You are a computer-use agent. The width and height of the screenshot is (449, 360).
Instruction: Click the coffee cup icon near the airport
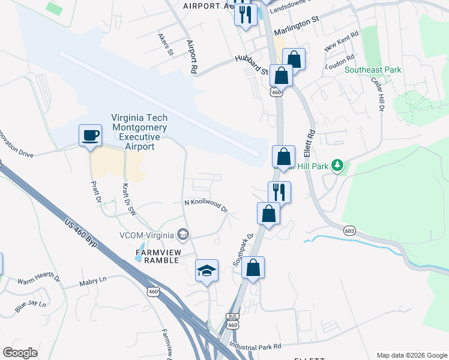click(x=91, y=135)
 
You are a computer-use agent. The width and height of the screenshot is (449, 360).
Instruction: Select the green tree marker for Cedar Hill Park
click(x=337, y=165)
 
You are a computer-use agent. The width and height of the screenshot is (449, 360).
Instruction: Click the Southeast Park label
click(x=373, y=70)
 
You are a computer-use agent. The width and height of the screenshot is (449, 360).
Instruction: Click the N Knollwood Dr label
click(x=206, y=205)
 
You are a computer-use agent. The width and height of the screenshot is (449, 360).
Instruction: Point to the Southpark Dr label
click(x=244, y=250)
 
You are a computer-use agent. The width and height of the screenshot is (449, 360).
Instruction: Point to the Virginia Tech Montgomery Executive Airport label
click(x=139, y=133)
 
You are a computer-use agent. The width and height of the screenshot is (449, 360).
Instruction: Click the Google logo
click(x=20, y=353)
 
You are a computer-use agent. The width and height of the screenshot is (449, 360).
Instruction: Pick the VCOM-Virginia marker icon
click(x=183, y=234)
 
